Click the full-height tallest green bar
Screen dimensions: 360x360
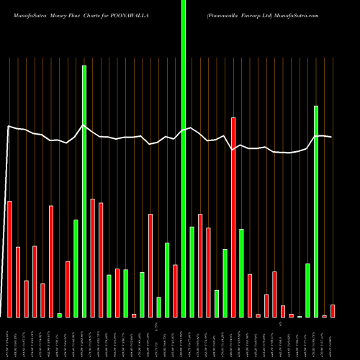(184, 158)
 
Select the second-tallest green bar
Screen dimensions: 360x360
(84, 191)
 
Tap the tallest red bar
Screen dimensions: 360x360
(233, 217)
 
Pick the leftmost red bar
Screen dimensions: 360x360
(9, 259)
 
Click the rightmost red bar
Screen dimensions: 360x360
(333, 310)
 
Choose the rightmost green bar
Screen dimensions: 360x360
(316, 211)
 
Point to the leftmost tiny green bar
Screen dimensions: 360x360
(59, 315)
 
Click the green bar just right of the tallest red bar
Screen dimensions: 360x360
(242, 273)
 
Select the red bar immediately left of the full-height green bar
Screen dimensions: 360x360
(175, 291)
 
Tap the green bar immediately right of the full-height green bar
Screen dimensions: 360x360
(192, 271)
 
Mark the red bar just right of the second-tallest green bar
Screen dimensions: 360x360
(93, 258)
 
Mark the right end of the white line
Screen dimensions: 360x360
(331, 137)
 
